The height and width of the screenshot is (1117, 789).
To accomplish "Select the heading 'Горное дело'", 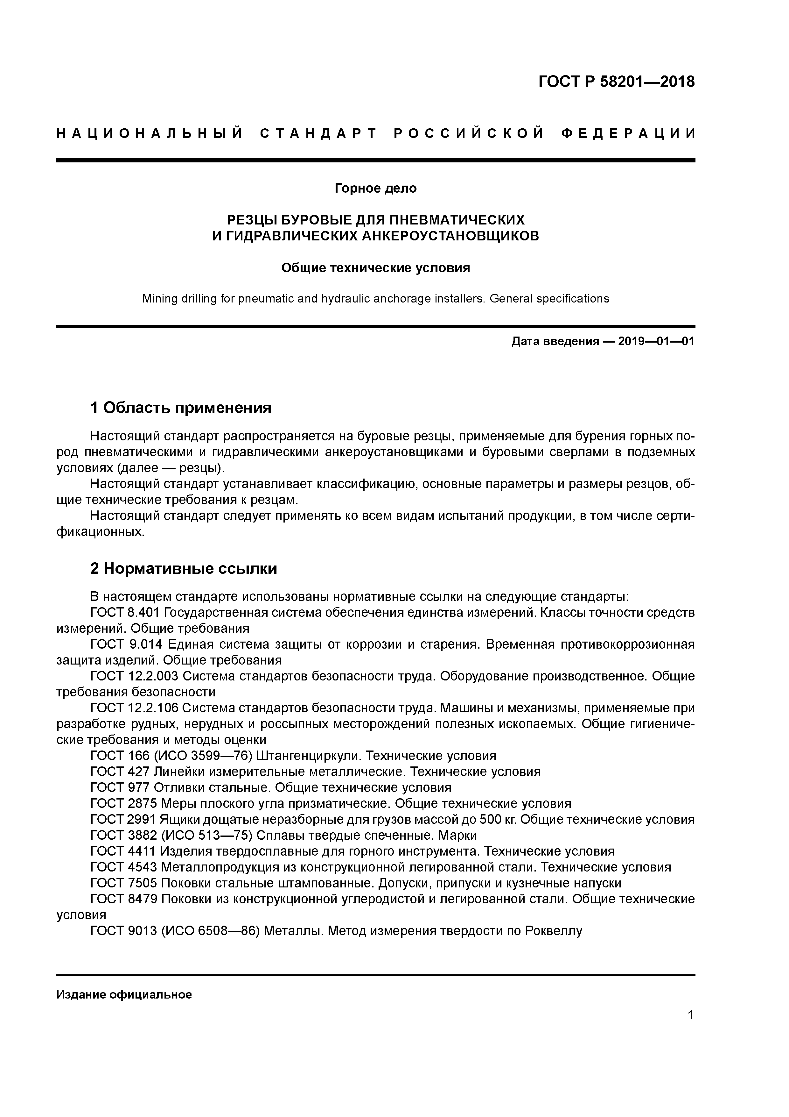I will coord(375,188).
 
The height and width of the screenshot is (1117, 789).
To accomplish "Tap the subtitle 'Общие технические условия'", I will coord(375,268).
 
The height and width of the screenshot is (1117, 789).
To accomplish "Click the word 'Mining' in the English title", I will coord(159,299).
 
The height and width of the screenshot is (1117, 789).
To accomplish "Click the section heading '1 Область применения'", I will coord(180,408).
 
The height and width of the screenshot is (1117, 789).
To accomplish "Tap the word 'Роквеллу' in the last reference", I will coord(553,931).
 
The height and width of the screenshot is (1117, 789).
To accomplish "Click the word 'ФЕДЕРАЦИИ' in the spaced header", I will coord(628,133).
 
